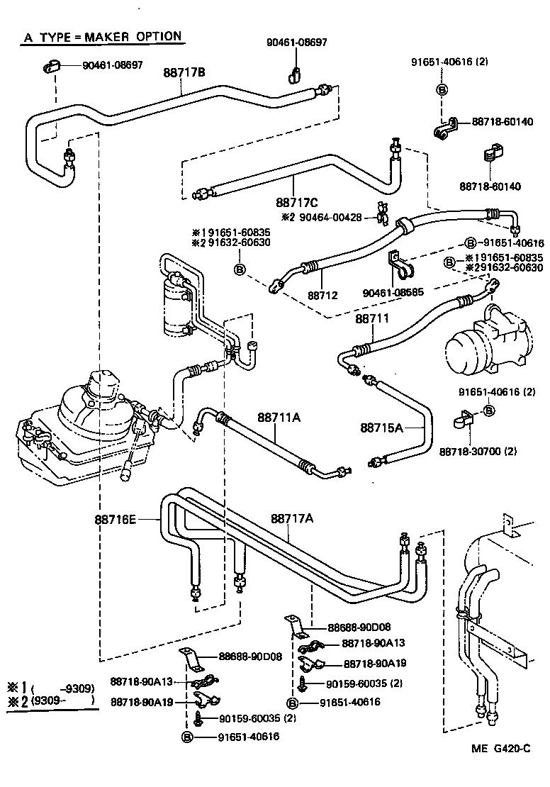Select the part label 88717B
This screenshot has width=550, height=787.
point(184,72)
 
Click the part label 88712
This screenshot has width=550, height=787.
point(322,293)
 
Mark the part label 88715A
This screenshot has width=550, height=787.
point(381,428)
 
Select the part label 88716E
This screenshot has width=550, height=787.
point(115,519)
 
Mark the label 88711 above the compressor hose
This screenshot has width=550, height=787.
point(372,319)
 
